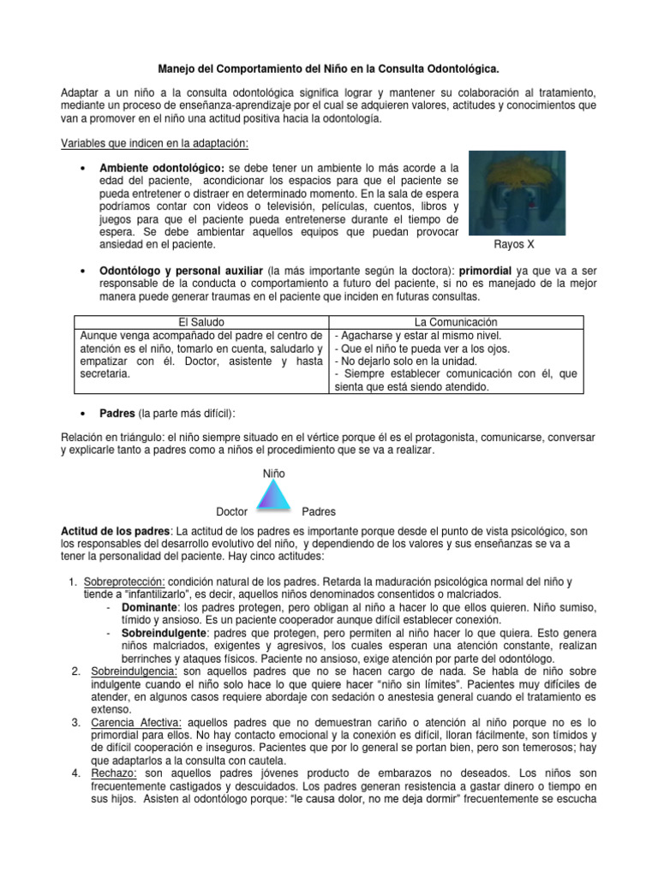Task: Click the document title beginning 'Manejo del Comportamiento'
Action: tap(328, 66)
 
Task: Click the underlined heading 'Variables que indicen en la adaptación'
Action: tap(155, 142)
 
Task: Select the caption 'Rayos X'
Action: tap(515, 244)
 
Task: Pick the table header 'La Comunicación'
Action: tap(456, 322)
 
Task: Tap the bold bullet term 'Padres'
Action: tap(117, 414)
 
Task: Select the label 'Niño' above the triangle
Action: tap(274, 473)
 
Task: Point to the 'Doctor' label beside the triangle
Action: tap(231, 511)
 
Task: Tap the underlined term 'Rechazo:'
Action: tap(114, 774)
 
